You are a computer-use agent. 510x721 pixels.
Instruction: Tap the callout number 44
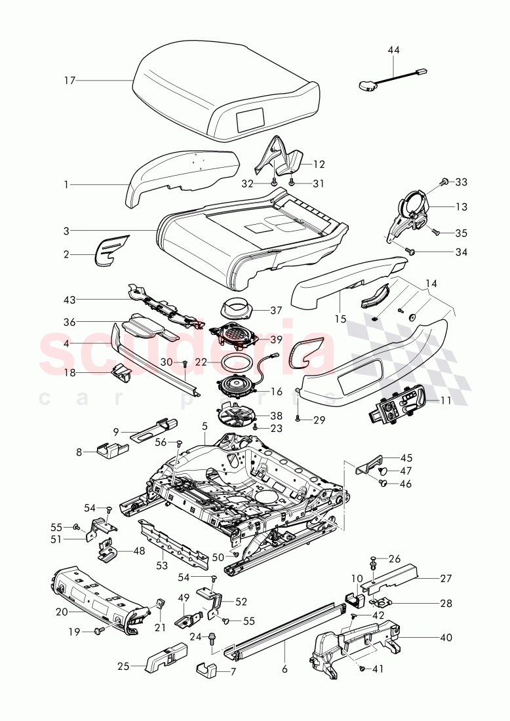[393, 50]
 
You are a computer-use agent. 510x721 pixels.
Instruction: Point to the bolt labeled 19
[100, 631]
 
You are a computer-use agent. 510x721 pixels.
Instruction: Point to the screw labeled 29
[298, 417]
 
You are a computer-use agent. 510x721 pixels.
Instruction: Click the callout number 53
[162, 565]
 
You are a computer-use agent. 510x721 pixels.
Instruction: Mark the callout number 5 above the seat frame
[205, 425]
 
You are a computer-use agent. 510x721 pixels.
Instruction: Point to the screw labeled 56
[179, 444]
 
